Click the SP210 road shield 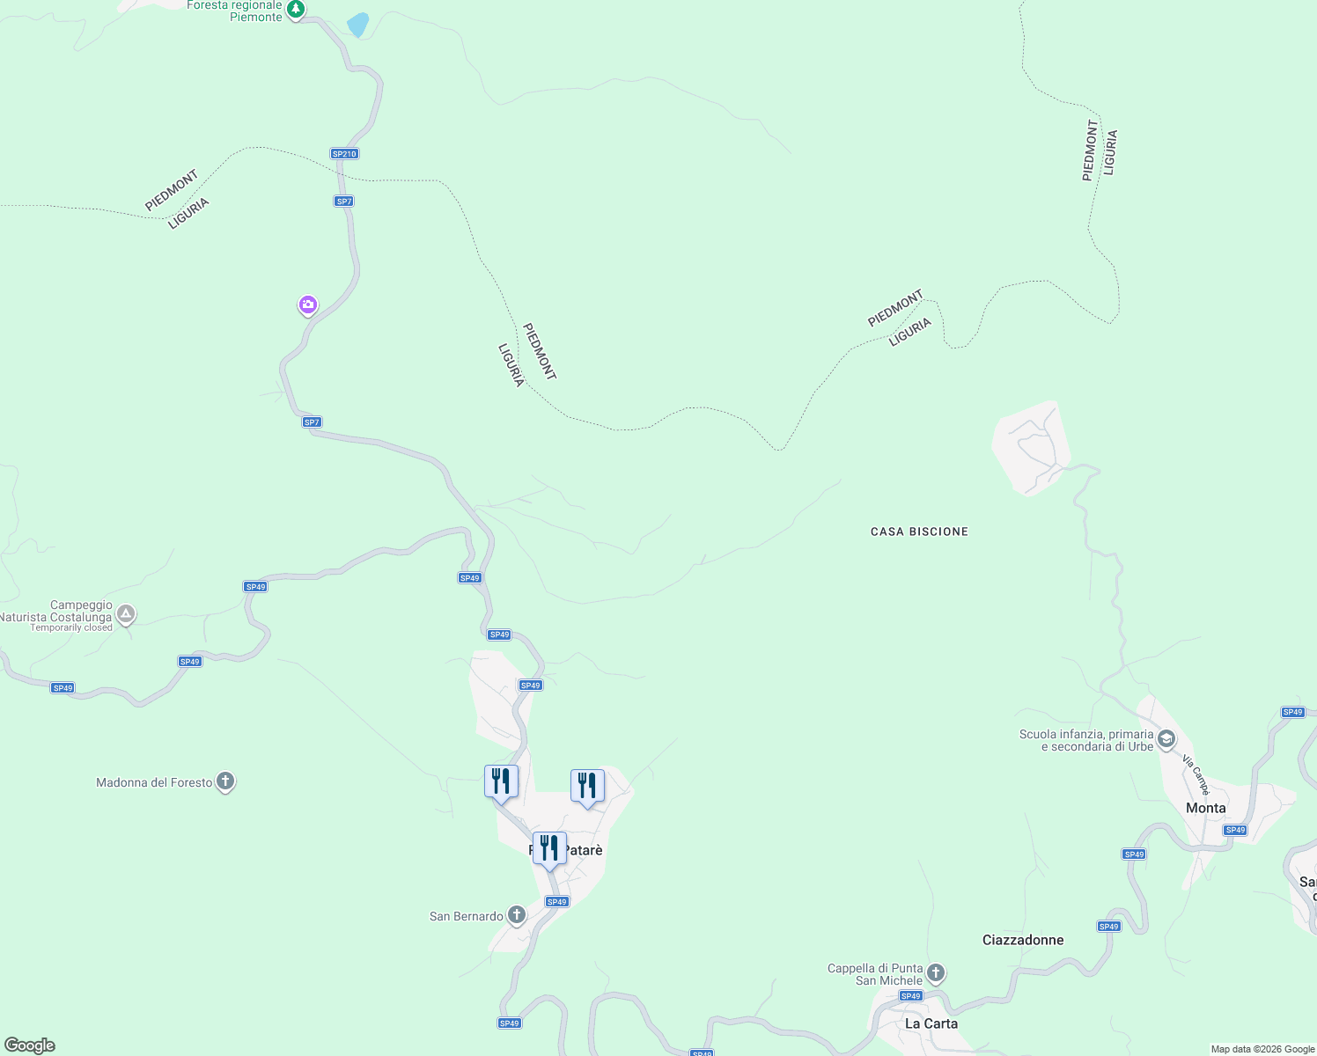(344, 154)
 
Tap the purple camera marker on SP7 (307, 305)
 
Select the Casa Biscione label (919, 532)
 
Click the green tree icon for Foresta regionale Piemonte (297, 10)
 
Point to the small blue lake (357, 25)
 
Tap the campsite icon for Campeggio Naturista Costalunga (126, 613)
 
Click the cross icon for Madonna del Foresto (225, 781)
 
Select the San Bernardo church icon (517, 915)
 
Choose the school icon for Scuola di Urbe (1166, 738)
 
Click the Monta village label (1205, 808)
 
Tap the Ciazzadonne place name (1023, 940)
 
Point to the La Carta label (931, 1023)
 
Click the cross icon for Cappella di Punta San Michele (936, 972)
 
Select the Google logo (30, 1045)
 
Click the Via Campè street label (1196, 774)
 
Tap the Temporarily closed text (71, 627)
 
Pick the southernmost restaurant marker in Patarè (549, 849)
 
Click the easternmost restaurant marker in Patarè (587, 786)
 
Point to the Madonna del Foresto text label (154, 782)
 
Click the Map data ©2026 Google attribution (1262, 1049)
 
